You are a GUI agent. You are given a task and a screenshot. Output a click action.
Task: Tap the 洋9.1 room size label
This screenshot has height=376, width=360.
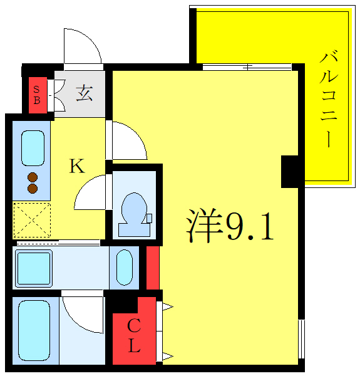[x=230, y=227]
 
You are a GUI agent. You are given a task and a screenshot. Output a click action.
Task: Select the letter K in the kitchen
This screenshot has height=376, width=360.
[x=76, y=166]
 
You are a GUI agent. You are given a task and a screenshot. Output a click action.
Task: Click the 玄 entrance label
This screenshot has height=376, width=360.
[x=85, y=94]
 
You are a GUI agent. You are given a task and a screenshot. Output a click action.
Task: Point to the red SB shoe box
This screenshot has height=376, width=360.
[x=37, y=95]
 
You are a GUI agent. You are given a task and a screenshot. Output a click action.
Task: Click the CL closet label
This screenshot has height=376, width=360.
[x=134, y=337]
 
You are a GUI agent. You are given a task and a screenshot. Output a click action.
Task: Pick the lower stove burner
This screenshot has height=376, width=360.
[x=33, y=188]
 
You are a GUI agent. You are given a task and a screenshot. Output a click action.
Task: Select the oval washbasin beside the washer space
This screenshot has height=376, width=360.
[x=125, y=268]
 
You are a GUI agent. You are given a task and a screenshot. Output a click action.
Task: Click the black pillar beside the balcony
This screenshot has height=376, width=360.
[x=291, y=171]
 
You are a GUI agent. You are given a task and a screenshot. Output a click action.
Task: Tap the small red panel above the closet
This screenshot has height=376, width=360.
[x=152, y=268]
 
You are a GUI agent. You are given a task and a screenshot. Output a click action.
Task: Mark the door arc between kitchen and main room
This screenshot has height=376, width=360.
[x=128, y=141]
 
